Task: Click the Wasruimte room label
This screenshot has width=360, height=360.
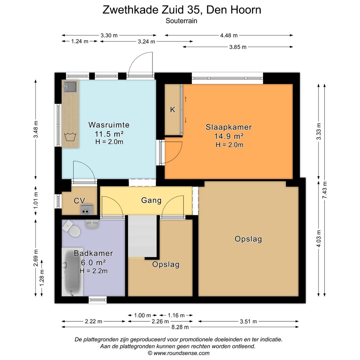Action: coord(109,125)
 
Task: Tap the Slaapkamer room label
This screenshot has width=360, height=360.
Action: coord(228,127)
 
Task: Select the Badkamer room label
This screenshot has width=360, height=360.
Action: coord(93,253)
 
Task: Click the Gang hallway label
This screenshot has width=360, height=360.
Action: coord(151,200)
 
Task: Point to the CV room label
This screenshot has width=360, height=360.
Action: coord(79,201)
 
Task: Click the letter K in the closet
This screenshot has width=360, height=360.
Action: coord(173,110)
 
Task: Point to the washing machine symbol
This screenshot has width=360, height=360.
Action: coord(70,137)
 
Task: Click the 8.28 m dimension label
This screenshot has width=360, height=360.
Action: coord(180,327)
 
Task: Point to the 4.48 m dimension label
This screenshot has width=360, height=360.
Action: coord(229,35)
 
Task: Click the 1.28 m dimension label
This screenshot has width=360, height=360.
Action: coord(42,278)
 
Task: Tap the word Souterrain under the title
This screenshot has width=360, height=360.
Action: coord(181,21)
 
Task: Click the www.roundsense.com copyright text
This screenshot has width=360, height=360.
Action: coord(179,353)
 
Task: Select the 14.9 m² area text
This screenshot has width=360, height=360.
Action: coord(229,136)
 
